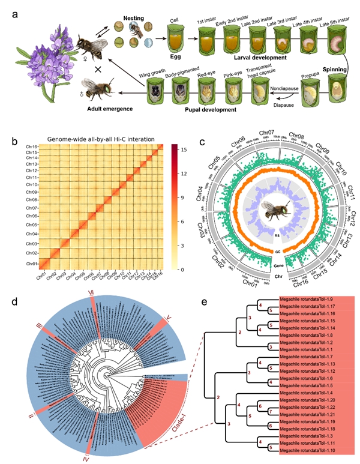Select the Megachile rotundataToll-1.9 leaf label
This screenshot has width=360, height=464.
pos(303,299)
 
